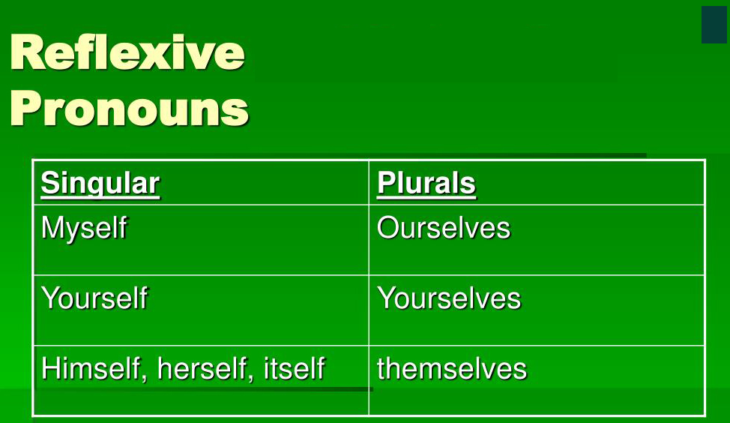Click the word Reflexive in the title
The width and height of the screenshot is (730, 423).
(x=127, y=52)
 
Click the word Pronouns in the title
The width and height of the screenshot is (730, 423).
(x=129, y=108)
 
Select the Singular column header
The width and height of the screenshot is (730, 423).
(x=100, y=184)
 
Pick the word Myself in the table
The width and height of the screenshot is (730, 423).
(x=84, y=229)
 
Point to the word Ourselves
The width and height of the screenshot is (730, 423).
(x=444, y=228)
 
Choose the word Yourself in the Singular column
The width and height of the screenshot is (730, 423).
(x=94, y=298)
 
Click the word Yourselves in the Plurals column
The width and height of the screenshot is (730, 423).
(x=449, y=298)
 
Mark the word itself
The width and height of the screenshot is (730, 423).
(x=294, y=368)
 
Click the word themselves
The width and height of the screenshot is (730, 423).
(x=452, y=368)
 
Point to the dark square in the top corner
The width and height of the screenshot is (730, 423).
(x=714, y=25)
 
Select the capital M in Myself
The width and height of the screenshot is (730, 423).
(x=52, y=228)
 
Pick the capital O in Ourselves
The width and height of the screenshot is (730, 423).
(x=389, y=228)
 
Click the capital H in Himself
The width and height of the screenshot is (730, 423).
(x=51, y=368)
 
